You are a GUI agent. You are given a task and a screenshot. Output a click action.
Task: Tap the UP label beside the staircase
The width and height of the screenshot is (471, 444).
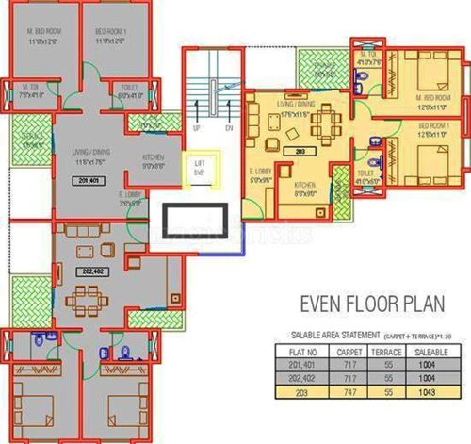195,126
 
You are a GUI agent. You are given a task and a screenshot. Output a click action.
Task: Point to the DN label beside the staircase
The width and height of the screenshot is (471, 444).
229,126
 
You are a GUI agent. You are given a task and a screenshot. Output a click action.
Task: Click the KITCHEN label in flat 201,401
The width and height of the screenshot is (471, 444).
154,157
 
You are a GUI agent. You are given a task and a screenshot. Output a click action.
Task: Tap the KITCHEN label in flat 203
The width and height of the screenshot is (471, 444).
303,185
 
